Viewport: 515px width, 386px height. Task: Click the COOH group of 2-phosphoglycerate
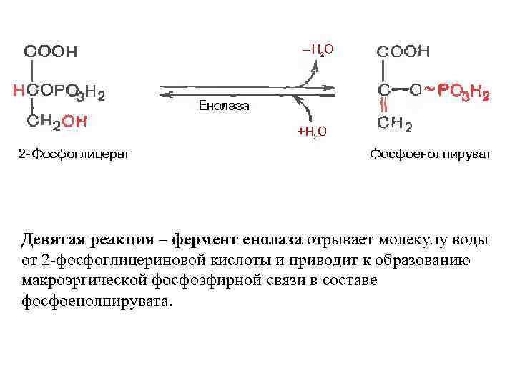pos(51,52)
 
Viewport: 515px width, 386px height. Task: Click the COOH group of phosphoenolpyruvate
pos(403,51)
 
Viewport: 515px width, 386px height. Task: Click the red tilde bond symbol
pos(428,90)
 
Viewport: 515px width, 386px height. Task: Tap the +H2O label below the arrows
pos(313,131)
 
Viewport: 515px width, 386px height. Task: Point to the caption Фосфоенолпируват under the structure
pos(430,154)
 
